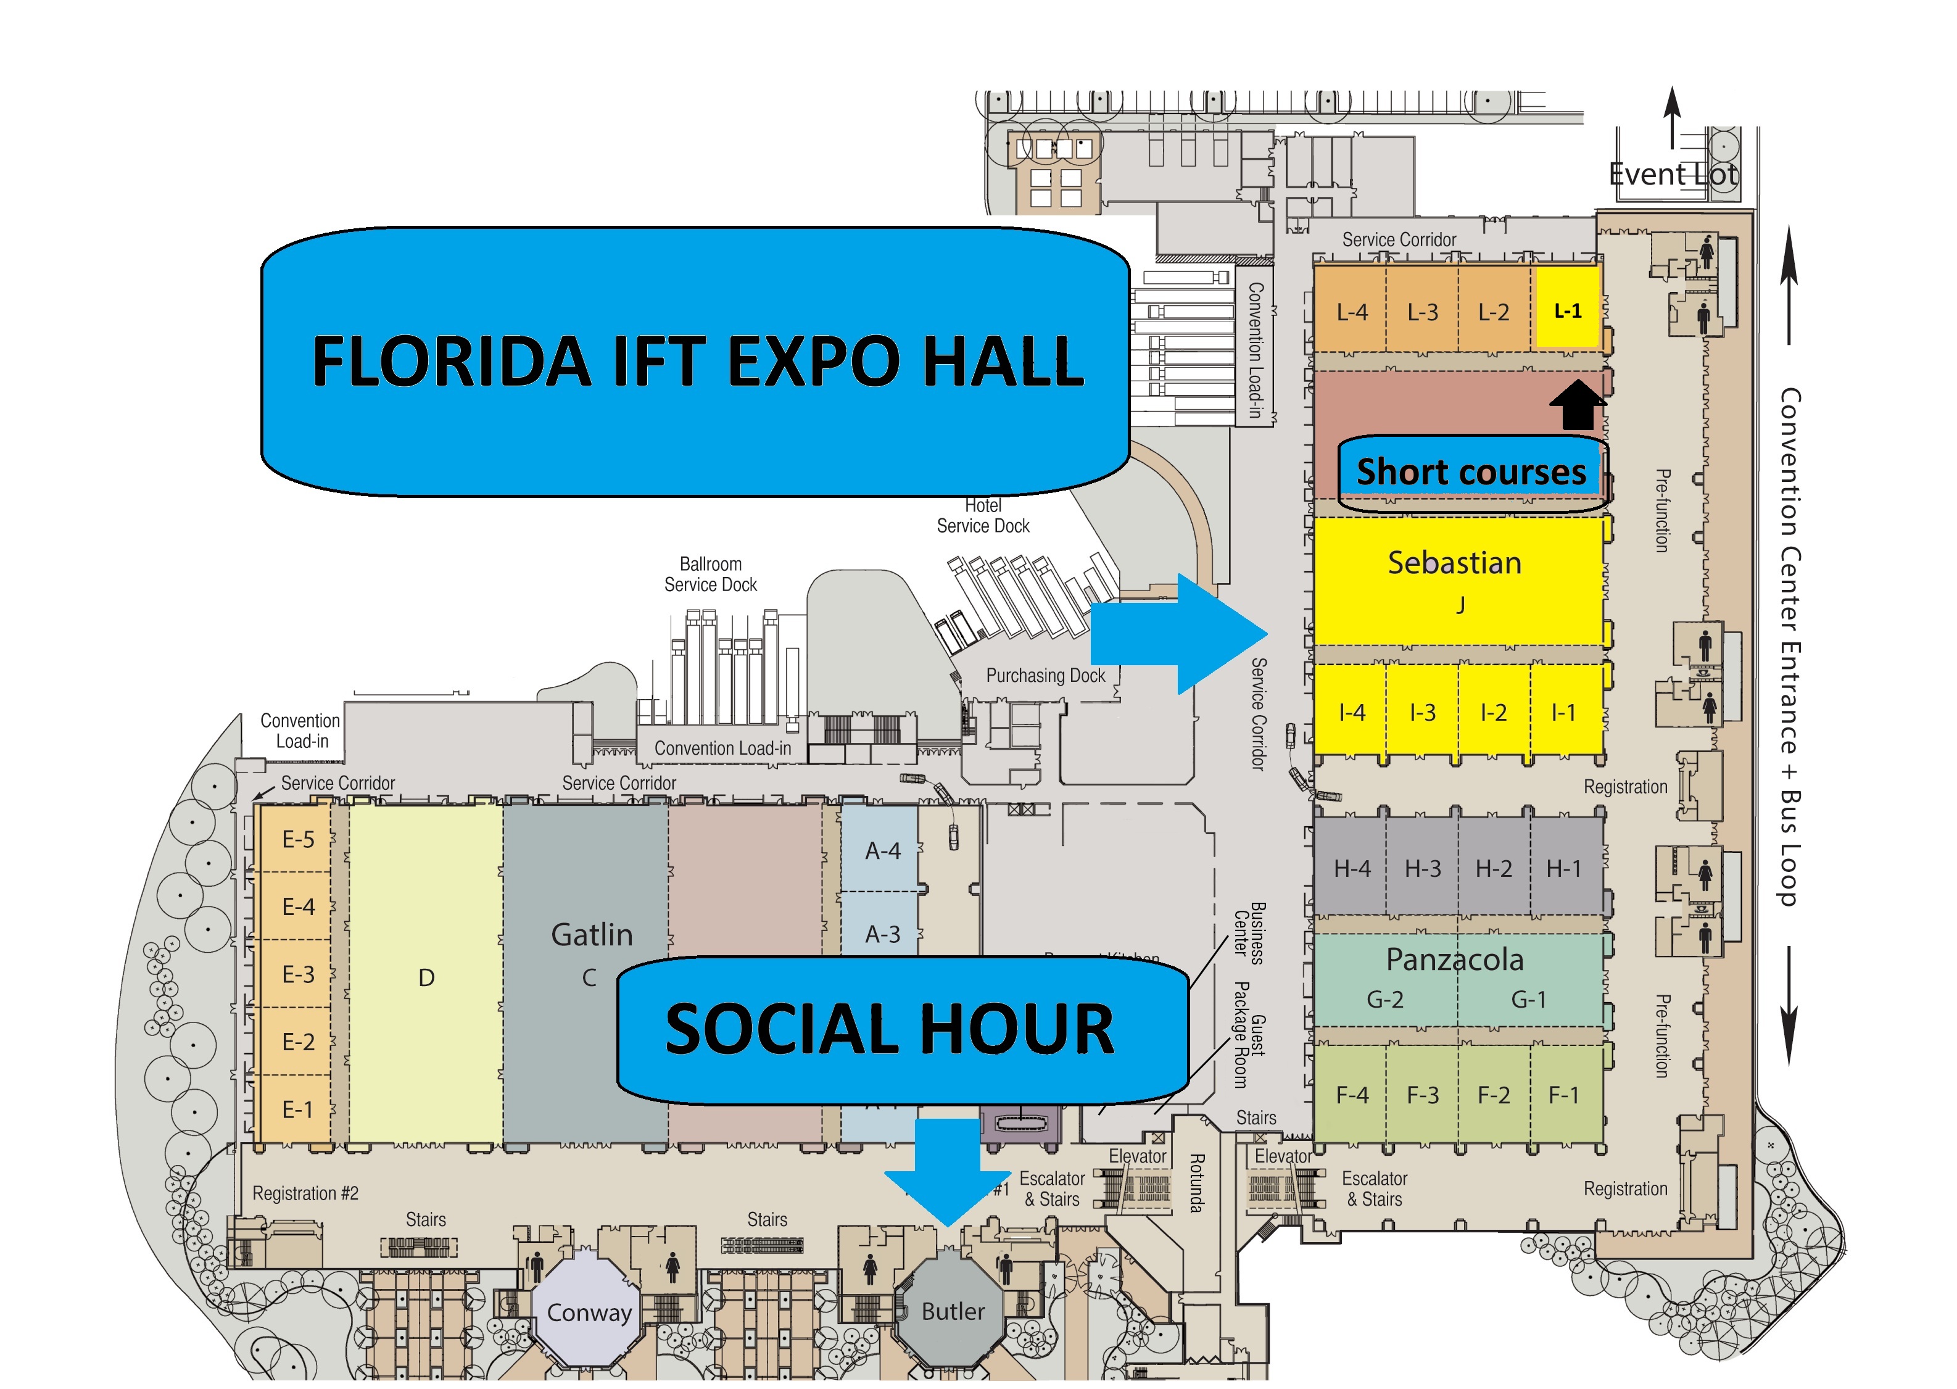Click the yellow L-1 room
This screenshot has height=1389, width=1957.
(1566, 310)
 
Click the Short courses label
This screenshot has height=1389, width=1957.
(1471, 471)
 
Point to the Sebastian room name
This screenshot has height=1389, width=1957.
(1454, 563)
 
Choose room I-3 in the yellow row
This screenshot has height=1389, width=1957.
(1422, 711)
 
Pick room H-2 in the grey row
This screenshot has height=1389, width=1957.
(1493, 868)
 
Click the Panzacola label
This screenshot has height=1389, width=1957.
(1454, 959)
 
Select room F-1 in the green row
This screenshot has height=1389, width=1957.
(1563, 1094)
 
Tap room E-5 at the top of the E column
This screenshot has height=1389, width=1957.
(297, 839)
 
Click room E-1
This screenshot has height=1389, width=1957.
(297, 1109)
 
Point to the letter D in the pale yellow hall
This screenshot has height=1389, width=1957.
(426, 977)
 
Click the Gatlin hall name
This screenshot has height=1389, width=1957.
(592, 934)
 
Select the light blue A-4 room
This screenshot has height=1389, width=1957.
(882, 850)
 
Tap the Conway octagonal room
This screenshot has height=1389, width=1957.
(588, 1312)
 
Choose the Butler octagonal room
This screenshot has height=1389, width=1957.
(953, 1310)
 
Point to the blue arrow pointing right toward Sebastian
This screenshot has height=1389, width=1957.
(1180, 634)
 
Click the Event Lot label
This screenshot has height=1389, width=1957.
(1673, 175)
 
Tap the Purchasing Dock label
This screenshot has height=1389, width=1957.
(1045, 675)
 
